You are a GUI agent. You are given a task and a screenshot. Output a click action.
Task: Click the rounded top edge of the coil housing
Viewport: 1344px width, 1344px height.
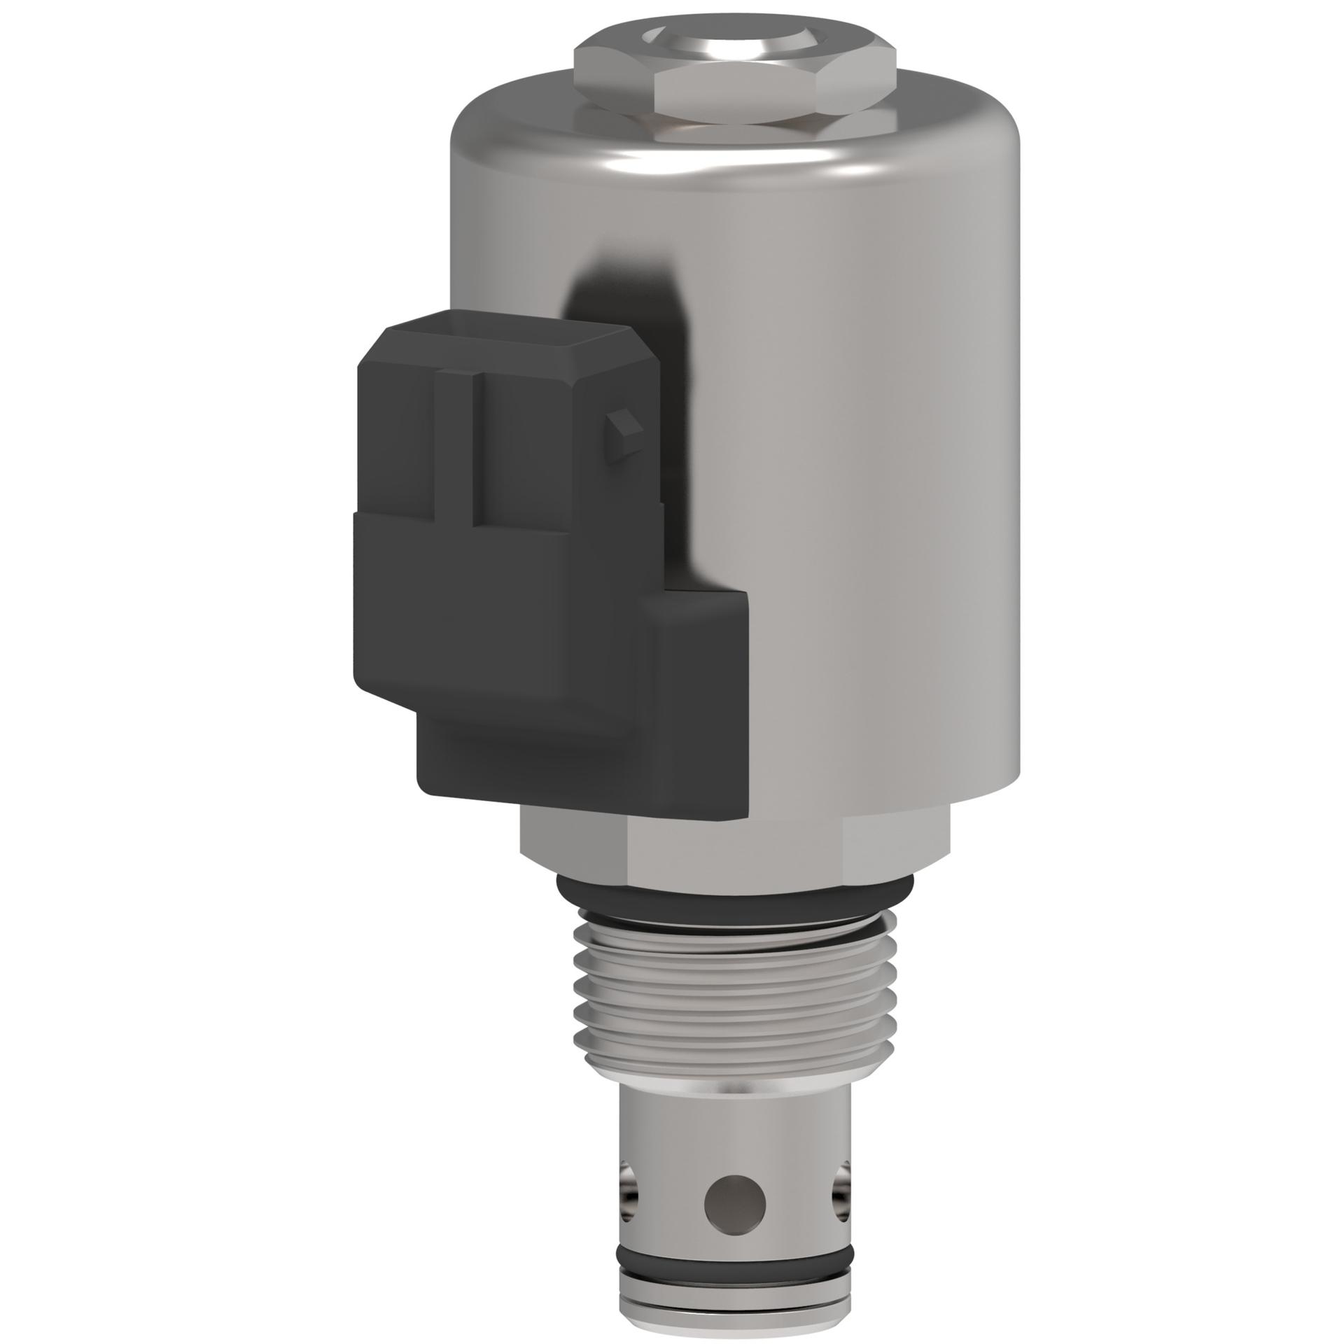[735, 164]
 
